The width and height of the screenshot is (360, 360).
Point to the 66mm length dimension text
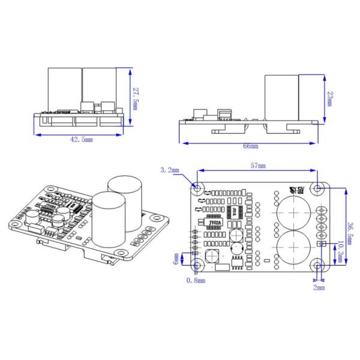250,146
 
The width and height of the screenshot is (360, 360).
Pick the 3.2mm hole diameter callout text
169,170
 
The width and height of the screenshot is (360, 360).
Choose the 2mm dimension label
319,288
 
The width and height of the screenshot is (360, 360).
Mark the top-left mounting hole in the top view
197,189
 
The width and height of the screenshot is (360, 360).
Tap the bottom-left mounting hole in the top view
197,265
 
